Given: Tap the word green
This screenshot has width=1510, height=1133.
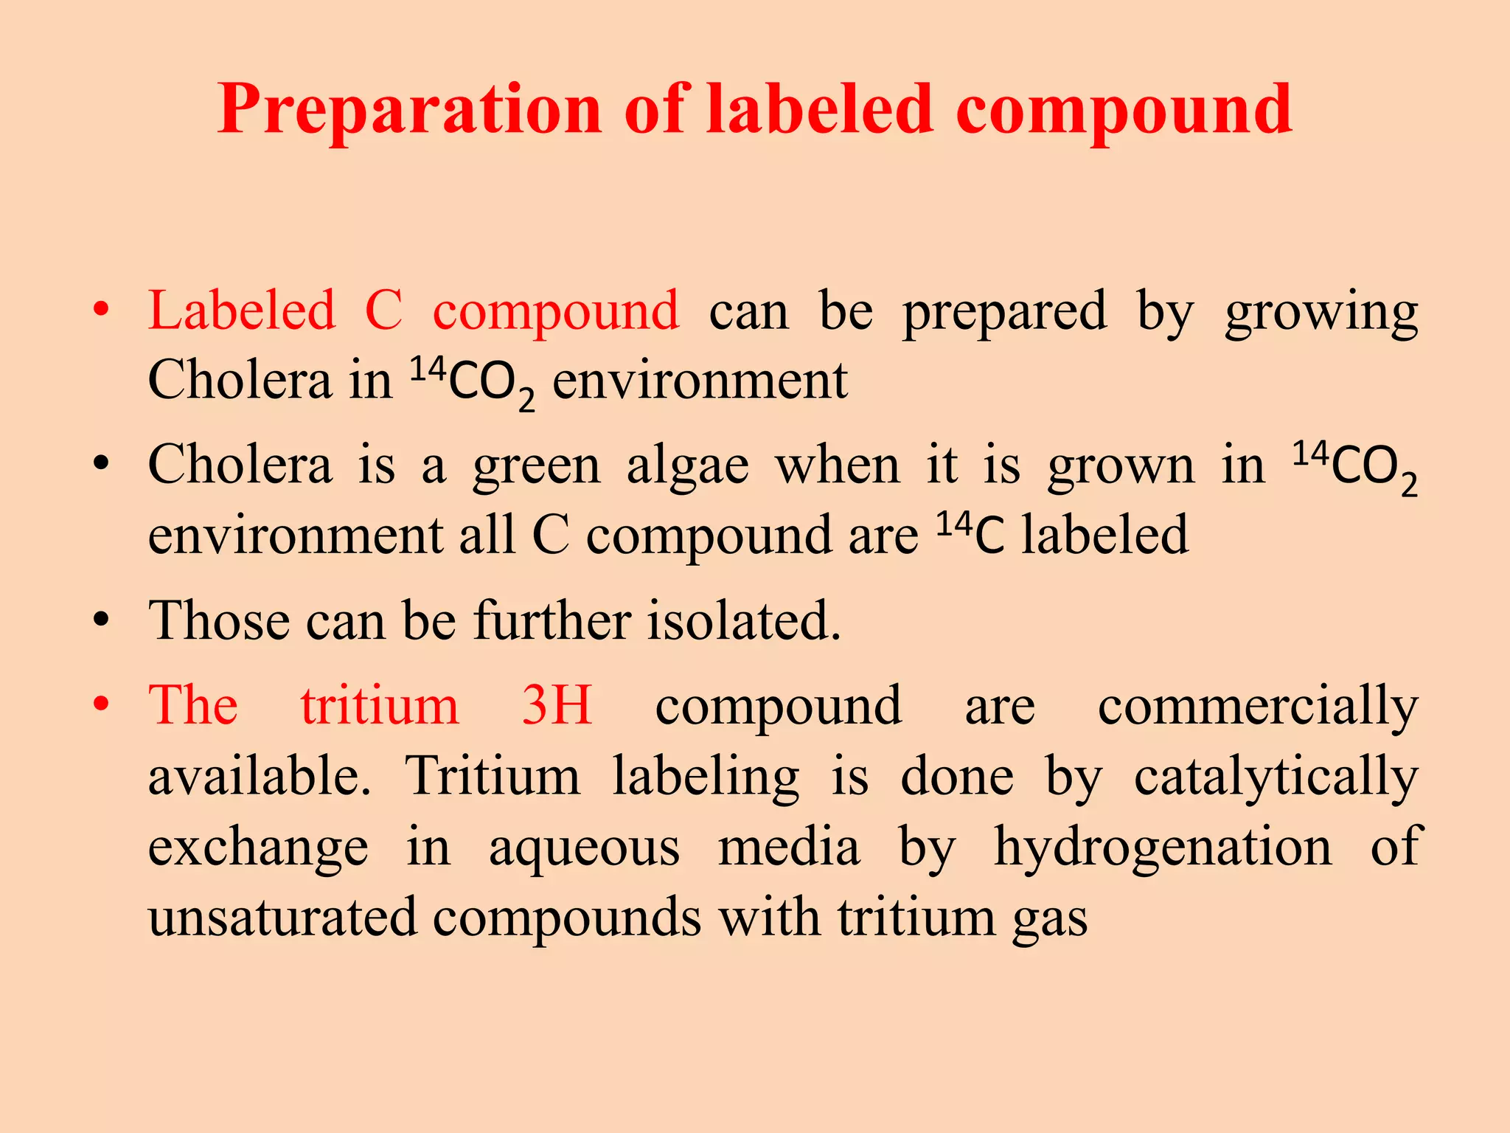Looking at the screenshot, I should coord(537,468).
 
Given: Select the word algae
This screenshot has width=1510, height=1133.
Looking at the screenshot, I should coord(688,468).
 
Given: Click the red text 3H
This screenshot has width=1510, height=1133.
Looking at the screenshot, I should coord(557,704).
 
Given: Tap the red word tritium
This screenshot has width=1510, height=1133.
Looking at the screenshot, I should coord(380,704).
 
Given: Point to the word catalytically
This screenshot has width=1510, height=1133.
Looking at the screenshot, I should coord(1276,777).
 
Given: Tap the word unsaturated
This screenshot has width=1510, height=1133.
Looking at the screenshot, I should coord(282,918).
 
